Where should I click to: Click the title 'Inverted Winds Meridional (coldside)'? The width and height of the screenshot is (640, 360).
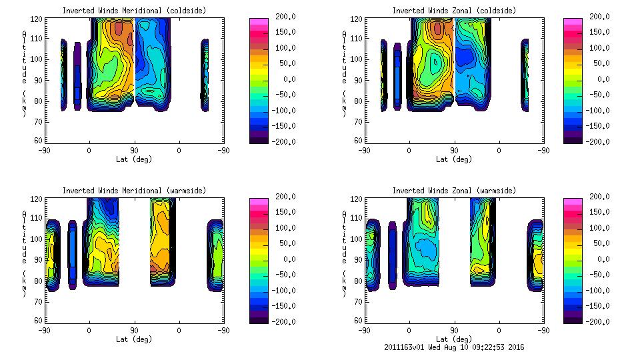point(134,10)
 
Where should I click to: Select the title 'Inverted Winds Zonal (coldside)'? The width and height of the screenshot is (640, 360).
point(454,10)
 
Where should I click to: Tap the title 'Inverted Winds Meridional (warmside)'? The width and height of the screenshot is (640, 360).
point(134,190)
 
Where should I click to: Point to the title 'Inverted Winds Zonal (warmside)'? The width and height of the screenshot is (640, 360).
point(454,190)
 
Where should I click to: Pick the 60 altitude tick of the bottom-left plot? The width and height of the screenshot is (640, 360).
point(40,320)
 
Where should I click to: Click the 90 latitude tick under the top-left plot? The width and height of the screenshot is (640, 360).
point(134,150)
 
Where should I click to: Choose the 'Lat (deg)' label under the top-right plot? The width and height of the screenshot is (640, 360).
point(454,159)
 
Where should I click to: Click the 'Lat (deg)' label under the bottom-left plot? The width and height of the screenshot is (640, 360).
point(134,339)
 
